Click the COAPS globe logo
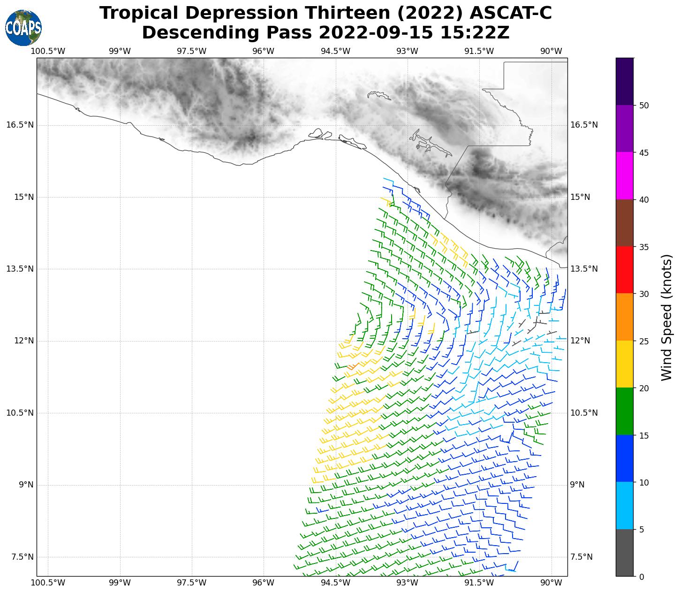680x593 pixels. pos(23,28)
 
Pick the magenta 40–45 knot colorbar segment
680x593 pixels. pos(625,176)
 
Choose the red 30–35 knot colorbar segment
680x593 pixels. pos(625,270)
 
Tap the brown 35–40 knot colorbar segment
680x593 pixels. pos(625,223)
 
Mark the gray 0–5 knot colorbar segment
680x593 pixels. pos(625,552)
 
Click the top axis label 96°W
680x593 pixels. pos(263,51)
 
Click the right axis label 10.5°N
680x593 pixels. pos(584,413)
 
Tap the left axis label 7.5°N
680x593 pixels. pos(23,557)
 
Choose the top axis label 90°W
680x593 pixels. pos(551,51)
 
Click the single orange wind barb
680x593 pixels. pos(353,366)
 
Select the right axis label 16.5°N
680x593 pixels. pos(584,125)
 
